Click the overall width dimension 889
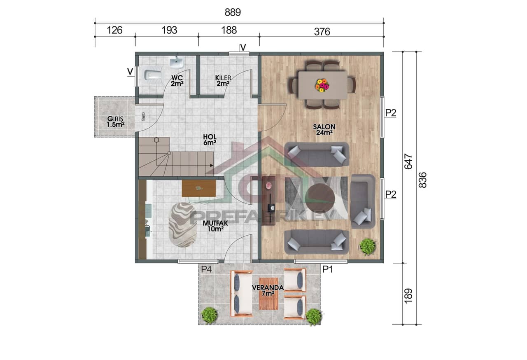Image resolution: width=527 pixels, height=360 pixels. (x=233, y=12)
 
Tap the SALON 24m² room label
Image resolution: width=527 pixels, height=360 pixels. (x=324, y=129)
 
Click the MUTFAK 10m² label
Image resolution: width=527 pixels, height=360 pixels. (x=213, y=226)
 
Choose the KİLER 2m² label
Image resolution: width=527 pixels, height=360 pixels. (x=223, y=80)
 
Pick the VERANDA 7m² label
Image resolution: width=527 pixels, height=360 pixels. (x=268, y=290)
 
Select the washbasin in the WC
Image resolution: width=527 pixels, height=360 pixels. (x=177, y=63)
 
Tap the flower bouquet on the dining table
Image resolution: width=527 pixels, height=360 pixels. (x=322, y=85)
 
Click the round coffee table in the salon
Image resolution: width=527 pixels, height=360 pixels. (x=321, y=197)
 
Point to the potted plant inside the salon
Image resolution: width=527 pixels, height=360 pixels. (x=367, y=246)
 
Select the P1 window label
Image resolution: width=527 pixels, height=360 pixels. (x=328, y=269)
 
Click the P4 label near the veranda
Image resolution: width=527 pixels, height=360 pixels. (x=206, y=269)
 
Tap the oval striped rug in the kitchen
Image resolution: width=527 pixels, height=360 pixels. (x=182, y=224)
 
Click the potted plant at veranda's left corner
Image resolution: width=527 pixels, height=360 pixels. (x=210, y=315)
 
